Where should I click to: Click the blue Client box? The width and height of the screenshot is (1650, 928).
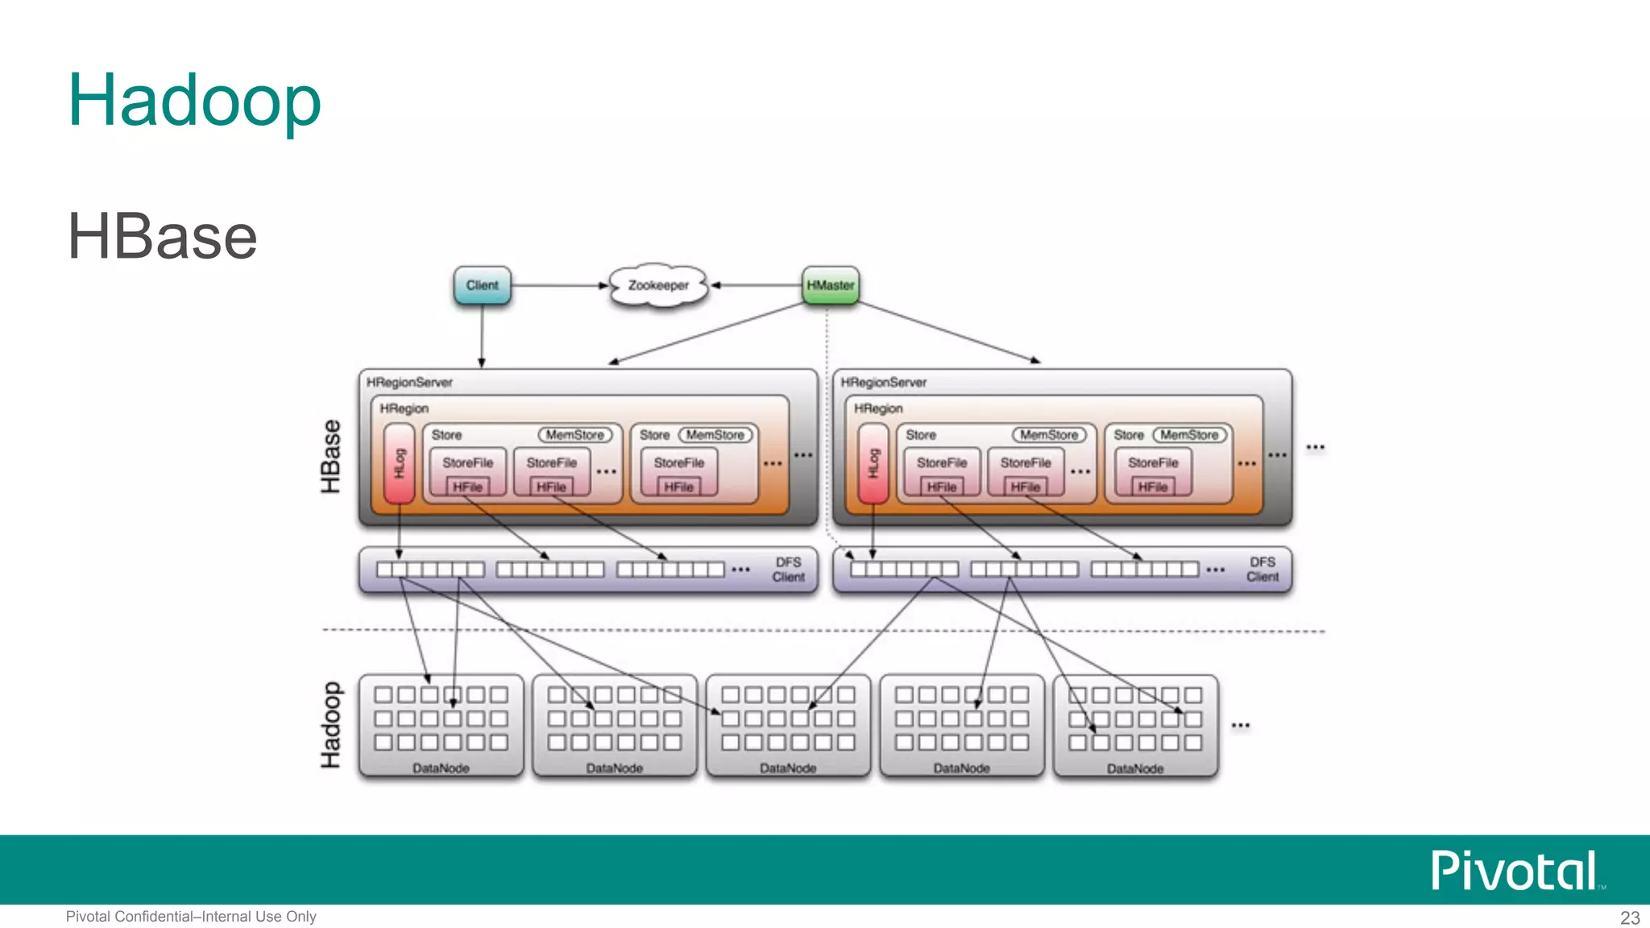pos(482,285)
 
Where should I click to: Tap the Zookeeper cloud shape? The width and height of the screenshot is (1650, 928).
pos(658,285)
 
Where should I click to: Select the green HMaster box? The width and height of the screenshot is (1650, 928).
pos(830,285)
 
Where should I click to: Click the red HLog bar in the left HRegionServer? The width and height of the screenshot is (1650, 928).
pos(399,464)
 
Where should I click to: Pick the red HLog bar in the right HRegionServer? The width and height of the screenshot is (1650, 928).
pos(873,464)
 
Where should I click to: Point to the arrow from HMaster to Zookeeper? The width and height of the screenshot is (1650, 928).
pos(757,285)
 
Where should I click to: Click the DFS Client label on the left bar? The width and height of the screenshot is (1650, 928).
pos(788,570)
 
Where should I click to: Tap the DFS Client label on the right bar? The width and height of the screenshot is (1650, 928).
pos(1262,570)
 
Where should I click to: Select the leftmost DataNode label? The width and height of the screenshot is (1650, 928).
pos(441,768)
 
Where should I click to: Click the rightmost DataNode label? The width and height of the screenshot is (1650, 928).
pos(1134,768)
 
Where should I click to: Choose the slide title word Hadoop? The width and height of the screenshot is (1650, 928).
pos(194,100)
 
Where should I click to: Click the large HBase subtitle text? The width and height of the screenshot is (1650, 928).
pos(162,237)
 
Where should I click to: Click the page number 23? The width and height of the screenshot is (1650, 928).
pos(1629,918)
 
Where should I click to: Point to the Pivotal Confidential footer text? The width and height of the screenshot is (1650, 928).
pos(191,917)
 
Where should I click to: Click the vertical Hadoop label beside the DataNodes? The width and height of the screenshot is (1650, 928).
pos(331,725)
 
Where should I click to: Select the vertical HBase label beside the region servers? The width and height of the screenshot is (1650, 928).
pos(331,456)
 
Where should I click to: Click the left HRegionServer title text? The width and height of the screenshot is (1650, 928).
pos(409,383)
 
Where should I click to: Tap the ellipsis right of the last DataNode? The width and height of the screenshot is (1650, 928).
pos(1240,726)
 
